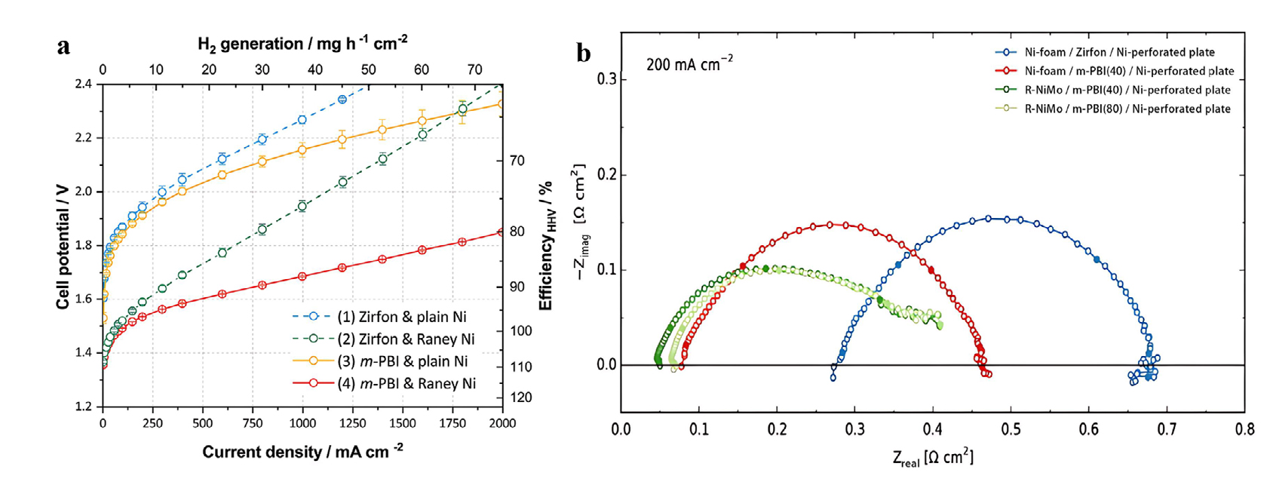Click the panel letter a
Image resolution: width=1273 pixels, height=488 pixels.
[64, 47]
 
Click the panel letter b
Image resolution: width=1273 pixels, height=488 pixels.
[583, 54]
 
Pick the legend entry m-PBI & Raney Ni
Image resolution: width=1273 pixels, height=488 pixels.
[406, 383]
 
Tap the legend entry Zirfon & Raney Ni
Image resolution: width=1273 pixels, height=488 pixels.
[406, 339]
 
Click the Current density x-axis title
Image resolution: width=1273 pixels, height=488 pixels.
[302, 452]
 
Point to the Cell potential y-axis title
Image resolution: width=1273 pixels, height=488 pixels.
[63, 246]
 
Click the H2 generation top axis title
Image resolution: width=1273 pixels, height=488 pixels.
[302, 44]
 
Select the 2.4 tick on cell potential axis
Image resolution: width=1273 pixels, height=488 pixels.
[83, 84]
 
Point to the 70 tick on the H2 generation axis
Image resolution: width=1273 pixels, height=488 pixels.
[474, 70]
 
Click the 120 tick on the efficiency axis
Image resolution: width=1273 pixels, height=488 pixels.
[520, 397]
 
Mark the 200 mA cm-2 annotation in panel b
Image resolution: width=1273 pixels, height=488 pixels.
[689, 63]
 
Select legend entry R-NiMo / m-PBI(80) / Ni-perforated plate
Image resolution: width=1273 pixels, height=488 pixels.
[1127, 109]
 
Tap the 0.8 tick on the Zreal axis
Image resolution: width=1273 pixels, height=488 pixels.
[1244, 430]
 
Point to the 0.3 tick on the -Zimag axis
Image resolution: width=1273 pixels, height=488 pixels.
[606, 79]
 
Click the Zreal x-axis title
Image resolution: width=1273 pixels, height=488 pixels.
[932, 458]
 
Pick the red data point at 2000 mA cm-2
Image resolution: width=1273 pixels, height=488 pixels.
[502, 232]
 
